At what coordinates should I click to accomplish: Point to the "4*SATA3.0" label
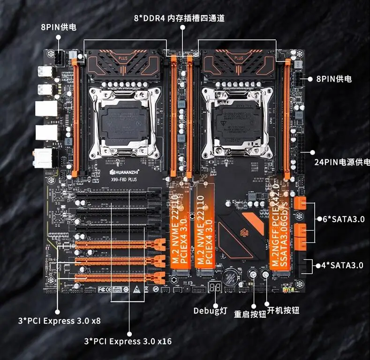click(342, 265)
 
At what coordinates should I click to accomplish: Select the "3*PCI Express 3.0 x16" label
click(128, 341)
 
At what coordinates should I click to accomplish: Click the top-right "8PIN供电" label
click(334, 79)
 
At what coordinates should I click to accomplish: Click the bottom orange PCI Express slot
click(120, 278)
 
